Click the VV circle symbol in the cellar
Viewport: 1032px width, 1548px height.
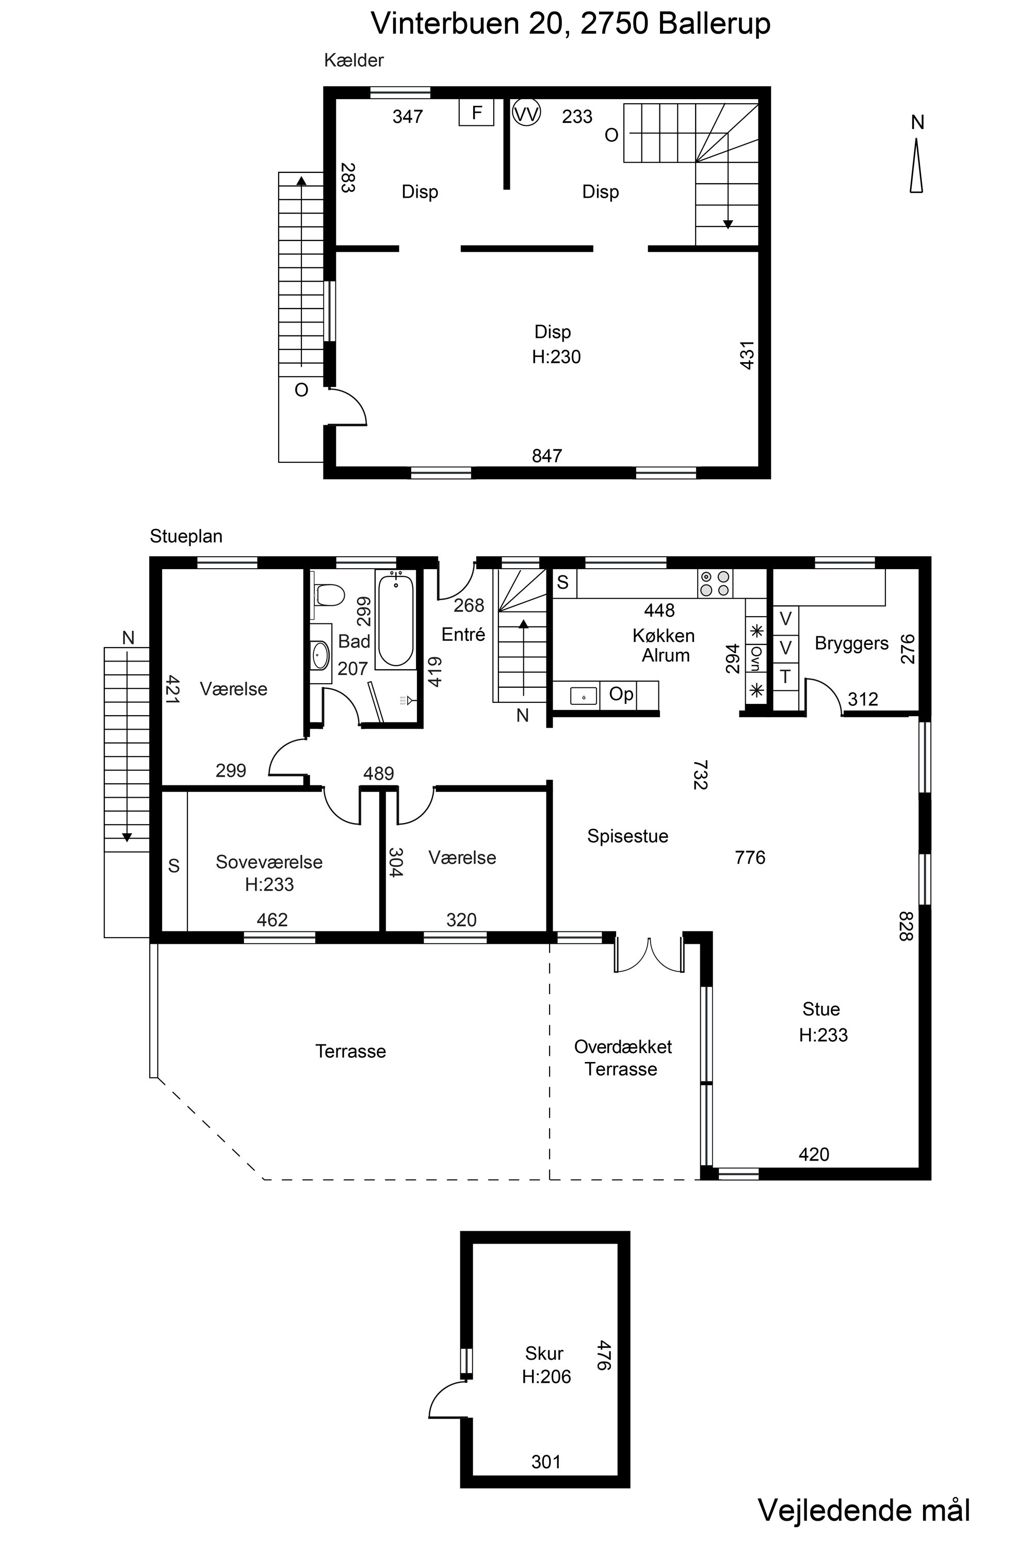point(526,114)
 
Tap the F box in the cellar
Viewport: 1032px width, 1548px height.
point(476,112)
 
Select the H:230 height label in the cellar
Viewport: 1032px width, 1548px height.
point(556,357)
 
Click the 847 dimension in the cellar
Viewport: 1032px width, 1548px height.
point(547,456)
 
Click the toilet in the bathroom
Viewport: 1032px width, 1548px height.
point(329,595)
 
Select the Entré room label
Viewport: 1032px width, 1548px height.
point(463,635)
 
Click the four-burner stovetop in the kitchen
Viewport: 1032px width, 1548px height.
point(715,583)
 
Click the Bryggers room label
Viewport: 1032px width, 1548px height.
point(851,643)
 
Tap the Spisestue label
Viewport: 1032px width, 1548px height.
point(627,836)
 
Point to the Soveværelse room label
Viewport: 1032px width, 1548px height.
point(269,862)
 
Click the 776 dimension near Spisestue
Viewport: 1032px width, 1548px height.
point(750,858)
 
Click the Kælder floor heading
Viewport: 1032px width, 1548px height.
point(353,60)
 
